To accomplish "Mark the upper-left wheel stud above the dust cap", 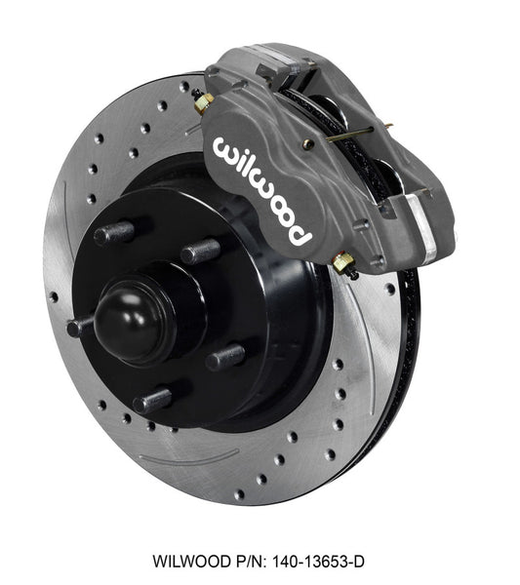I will [x=115, y=233].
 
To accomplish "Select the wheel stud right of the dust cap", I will [x=227, y=354].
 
